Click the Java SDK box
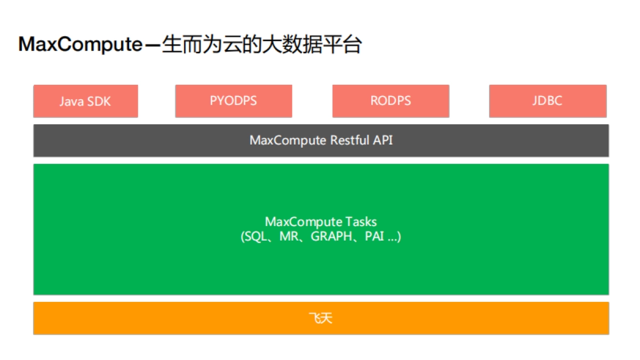[85, 101]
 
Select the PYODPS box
[233, 101]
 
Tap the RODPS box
[390, 101]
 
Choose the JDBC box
[547, 101]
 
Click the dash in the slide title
[153, 45]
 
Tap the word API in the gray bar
[382, 140]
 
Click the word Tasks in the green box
[361, 222]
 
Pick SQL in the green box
[255, 236]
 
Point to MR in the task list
[288, 236]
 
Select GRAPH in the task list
[331, 236]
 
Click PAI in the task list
[374, 236]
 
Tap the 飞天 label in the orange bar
[321, 318]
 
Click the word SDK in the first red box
[99, 101]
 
